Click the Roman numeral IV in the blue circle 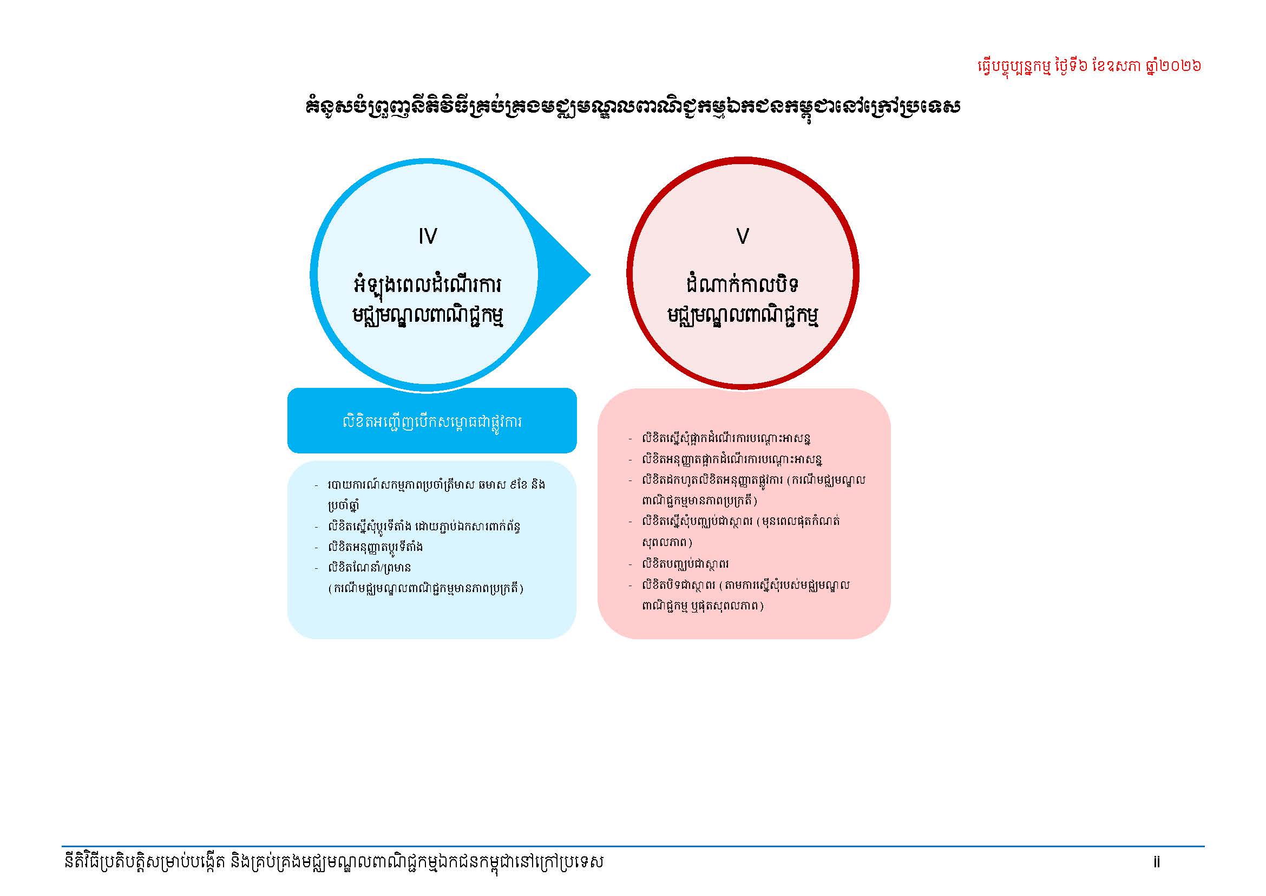[x=428, y=236]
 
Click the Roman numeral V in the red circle [x=743, y=236]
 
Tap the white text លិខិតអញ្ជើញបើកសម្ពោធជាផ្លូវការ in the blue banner [x=432, y=422]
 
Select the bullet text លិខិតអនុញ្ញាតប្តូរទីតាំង [x=376, y=547]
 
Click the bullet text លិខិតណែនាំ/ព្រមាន [x=369, y=567]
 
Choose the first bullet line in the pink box [x=726, y=439]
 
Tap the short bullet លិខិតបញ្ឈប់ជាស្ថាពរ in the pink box [x=685, y=564]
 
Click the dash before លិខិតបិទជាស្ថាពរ [x=630, y=586]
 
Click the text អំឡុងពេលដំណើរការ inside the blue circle [x=428, y=286]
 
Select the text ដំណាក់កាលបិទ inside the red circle [x=743, y=285]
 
